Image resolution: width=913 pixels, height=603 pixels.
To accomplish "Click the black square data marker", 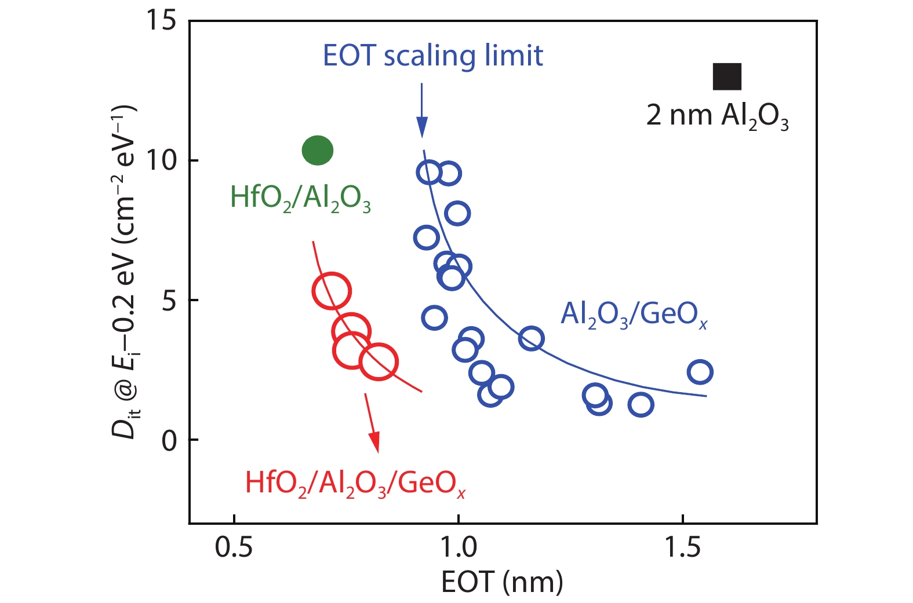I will (726, 76).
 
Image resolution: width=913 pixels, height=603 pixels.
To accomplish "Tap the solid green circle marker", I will (318, 151).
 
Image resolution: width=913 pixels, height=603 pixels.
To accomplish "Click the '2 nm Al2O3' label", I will (717, 116).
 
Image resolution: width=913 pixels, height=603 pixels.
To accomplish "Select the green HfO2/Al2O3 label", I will (300, 198).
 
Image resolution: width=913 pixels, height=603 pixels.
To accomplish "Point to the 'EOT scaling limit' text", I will (432, 56).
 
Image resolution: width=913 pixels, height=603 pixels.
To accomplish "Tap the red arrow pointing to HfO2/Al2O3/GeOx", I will (372, 423).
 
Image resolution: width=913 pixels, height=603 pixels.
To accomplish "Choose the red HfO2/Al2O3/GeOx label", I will (355, 483).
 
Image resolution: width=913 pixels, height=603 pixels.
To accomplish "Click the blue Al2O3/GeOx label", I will (634, 315).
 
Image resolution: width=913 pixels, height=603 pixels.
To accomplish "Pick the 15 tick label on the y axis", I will (161, 21).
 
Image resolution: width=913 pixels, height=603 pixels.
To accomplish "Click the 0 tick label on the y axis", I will (169, 440).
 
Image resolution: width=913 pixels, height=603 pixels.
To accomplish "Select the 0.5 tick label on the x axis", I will (234, 547).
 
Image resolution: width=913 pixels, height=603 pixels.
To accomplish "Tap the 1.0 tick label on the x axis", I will (458, 547).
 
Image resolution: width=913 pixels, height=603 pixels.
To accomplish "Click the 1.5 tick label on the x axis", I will (682, 547).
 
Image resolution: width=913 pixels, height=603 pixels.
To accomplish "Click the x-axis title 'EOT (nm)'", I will (502, 582).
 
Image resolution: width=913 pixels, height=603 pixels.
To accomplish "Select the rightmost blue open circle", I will (700, 372).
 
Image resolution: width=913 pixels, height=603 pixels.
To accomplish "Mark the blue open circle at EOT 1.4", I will (641, 404).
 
